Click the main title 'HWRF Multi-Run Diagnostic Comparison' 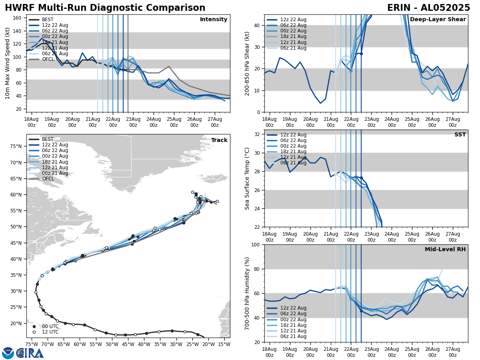tap(105, 8)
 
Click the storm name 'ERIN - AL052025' tap(428, 8)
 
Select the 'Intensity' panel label tap(213, 20)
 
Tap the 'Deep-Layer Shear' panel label tap(438, 20)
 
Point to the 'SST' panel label tap(460, 135)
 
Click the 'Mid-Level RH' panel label tap(445, 250)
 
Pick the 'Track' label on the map tap(219, 140)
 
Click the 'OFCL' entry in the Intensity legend tap(48, 59)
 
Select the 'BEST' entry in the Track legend tap(48, 139)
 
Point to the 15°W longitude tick tap(224, 344)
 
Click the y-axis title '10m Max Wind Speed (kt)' tap(8, 63)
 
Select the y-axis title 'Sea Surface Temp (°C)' tap(247, 178)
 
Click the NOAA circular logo tap(8, 353)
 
